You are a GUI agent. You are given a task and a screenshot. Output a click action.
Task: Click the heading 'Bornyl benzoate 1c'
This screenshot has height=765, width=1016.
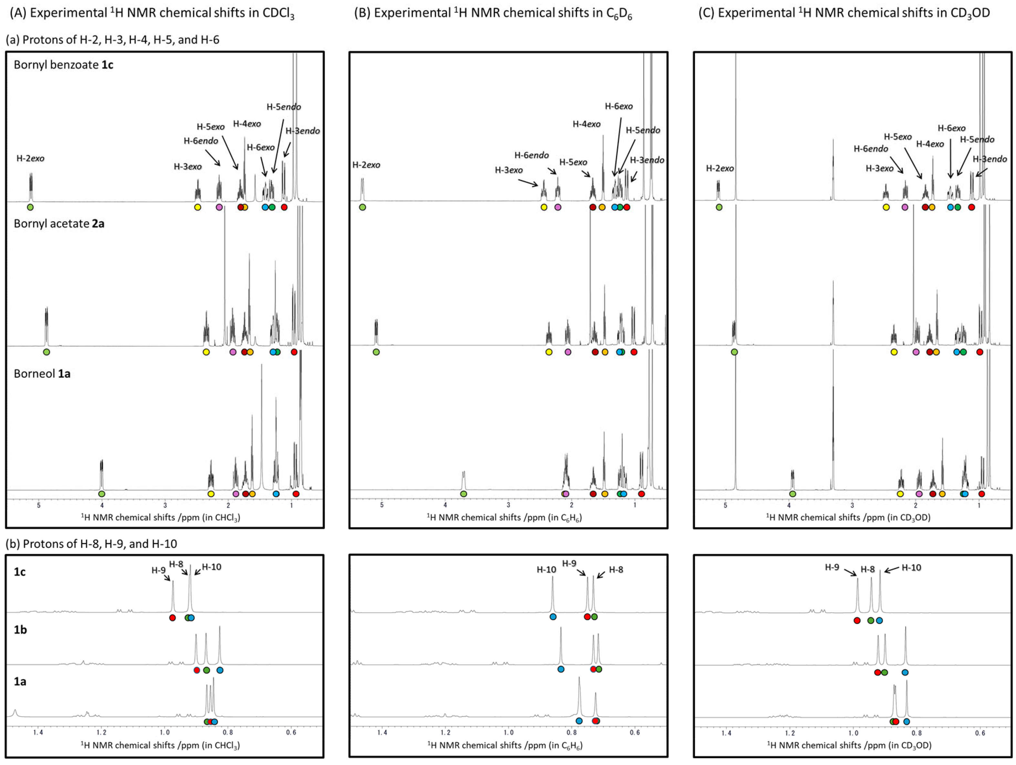point(63,65)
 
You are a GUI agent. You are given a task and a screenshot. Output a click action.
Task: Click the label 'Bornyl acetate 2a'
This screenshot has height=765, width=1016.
point(59,224)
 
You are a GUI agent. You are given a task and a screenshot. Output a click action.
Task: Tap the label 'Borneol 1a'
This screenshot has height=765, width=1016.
point(42,373)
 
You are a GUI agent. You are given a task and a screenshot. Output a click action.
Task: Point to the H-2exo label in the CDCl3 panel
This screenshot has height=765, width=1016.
point(30,159)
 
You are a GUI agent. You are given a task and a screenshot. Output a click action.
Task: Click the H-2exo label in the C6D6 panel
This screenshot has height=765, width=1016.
point(366,165)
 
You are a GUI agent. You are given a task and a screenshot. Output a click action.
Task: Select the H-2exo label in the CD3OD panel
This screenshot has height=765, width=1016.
point(720,169)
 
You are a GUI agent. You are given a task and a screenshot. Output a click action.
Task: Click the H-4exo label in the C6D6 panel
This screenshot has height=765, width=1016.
point(586,124)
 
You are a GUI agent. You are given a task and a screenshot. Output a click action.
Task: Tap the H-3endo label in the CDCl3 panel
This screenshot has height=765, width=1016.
point(303,131)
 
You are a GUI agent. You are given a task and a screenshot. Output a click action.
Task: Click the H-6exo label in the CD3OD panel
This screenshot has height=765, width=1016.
point(952,128)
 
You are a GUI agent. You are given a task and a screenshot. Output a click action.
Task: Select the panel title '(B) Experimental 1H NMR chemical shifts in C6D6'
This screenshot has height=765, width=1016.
point(493,13)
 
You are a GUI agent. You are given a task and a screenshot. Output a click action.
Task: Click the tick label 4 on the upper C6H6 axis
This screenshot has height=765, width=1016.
point(445,505)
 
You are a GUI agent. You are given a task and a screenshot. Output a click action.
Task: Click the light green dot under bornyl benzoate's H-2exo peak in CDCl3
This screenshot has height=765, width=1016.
point(30,207)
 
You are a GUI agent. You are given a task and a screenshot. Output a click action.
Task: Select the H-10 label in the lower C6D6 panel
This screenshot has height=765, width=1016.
point(546,570)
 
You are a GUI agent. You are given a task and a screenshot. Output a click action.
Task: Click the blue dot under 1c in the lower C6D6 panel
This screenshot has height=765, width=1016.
point(553,617)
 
